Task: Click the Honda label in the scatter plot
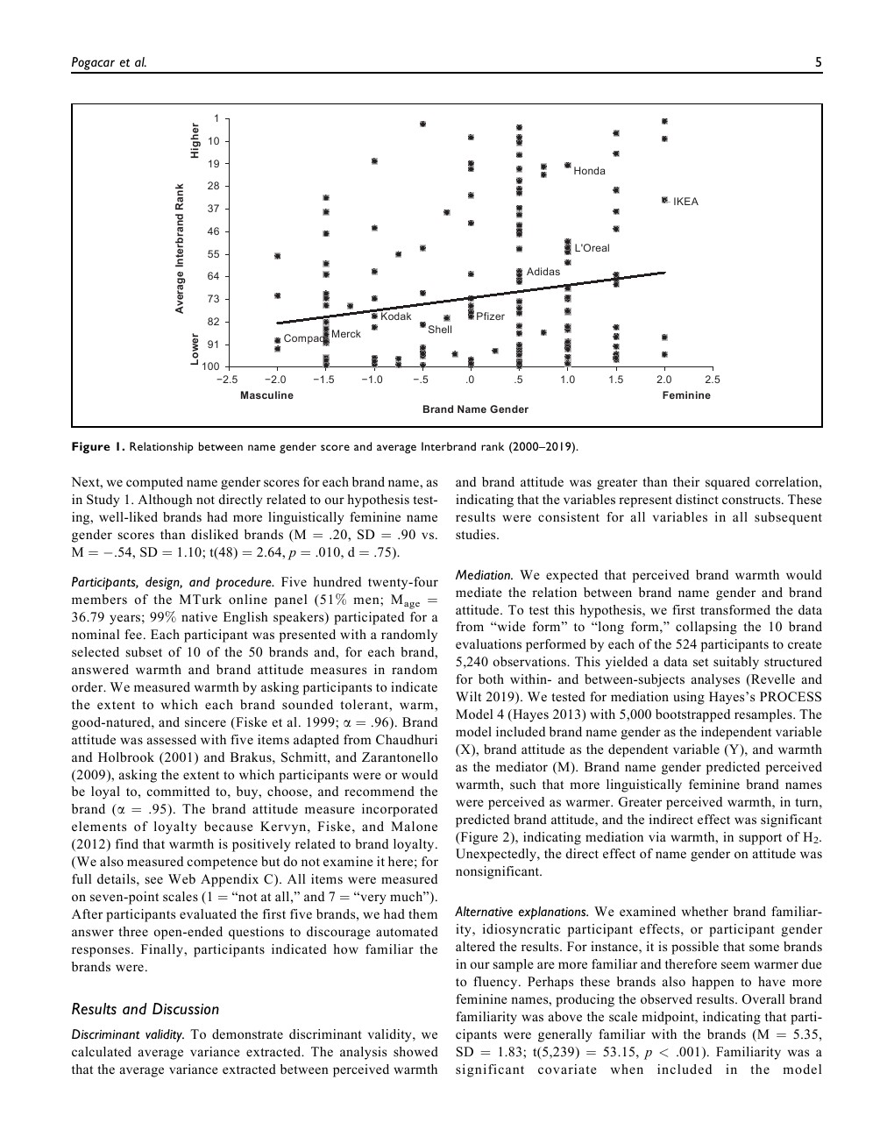[589, 171]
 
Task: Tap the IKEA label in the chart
[685, 202]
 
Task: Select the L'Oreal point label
[592, 248]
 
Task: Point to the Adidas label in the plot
[543, 272]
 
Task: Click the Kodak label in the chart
[396, 316]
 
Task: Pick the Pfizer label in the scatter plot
[490, 316]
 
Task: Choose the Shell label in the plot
[440, 330]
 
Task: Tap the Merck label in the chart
[346, 334]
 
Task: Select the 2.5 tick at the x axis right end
[713, 380]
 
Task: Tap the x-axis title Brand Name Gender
[475, 409]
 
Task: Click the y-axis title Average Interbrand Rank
[180, 248]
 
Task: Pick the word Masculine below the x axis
[266, 395]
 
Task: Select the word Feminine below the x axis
[686, 395]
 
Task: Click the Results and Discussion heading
[145, 1009]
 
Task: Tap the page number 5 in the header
[818, 61]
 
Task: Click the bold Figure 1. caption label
[98, 447]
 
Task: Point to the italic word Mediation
[484, 576]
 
